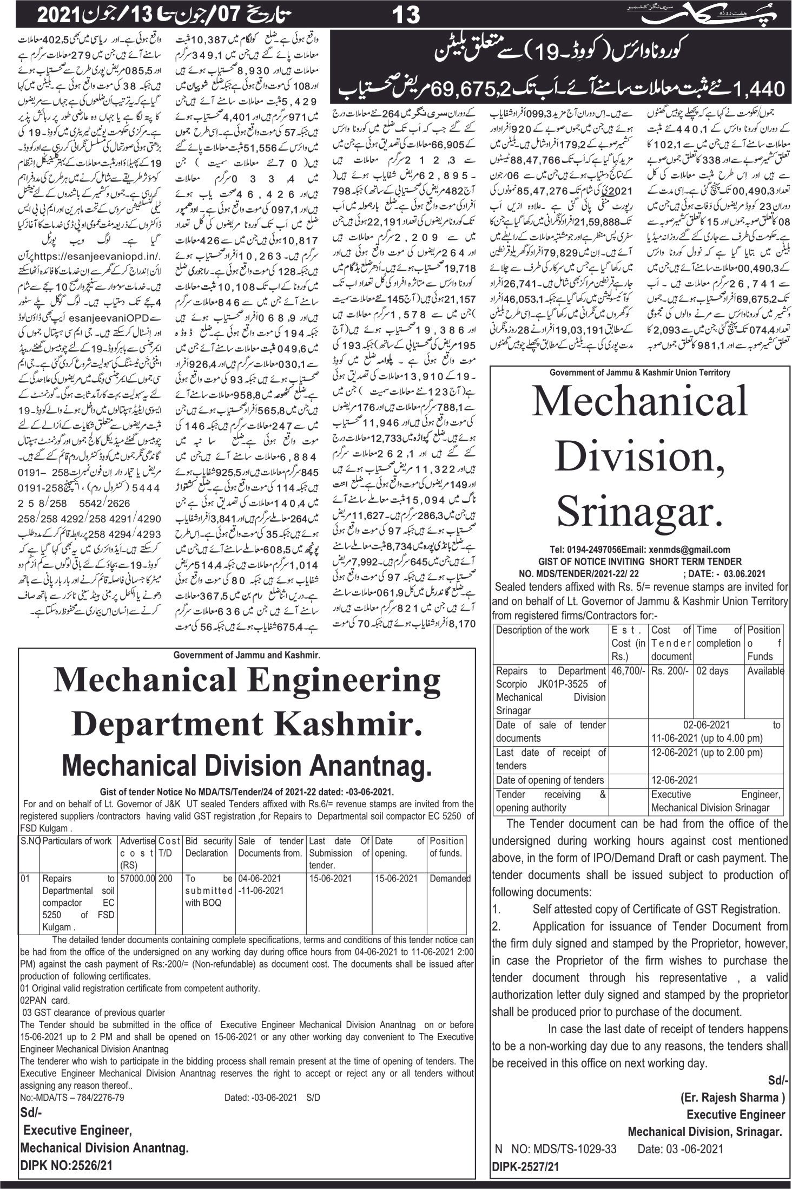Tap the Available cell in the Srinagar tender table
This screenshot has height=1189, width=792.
tap(765, 671)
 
